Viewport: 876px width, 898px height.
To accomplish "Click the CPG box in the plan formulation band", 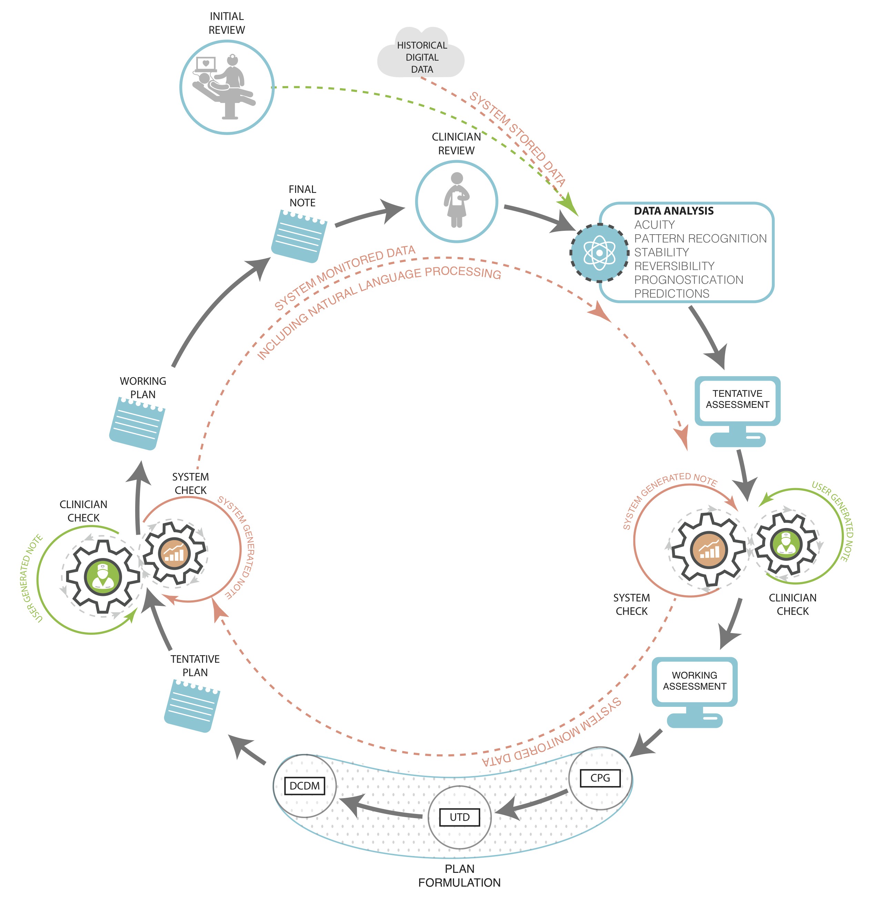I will point(600,778).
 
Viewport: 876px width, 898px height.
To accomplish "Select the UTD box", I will point(459,817).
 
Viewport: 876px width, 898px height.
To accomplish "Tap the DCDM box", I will point(304,786).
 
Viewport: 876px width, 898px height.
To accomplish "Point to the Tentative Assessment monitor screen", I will point(737,399).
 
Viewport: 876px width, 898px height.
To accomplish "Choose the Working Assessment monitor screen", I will point(694,681).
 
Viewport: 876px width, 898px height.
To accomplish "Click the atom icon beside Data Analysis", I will point(599,252).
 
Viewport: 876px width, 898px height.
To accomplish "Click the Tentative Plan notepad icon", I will point(192,705).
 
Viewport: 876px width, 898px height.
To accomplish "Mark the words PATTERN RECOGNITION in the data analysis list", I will point(700,239).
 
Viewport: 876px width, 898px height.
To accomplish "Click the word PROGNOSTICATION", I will point(688,280).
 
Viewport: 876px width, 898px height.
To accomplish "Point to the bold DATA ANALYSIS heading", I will point(674,211).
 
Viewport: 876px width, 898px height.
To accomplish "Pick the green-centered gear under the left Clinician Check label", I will point(103,577).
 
